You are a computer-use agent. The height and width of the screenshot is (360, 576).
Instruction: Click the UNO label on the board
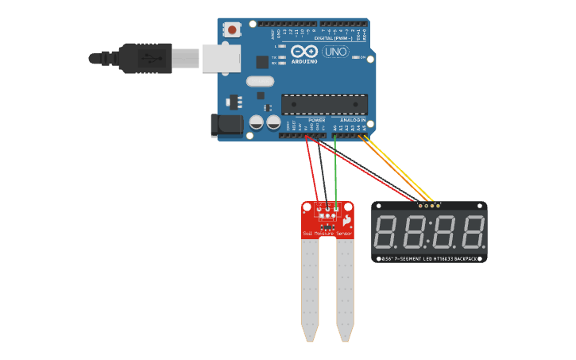tap(334, 52)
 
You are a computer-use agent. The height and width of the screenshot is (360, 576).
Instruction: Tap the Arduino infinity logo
tap(304, 51)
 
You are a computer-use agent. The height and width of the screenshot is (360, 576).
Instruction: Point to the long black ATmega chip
tap(324, 104)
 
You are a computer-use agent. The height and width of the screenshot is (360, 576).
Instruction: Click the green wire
tap(335, 171)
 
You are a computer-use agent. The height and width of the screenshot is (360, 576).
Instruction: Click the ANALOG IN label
tap(354, 120)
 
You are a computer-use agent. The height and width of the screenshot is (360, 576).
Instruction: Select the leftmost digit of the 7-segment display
tap(387, 232)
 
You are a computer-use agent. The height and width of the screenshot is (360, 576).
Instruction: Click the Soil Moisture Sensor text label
tap(327, 234)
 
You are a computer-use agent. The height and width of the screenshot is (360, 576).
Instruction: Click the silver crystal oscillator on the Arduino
tap(260, 81)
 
